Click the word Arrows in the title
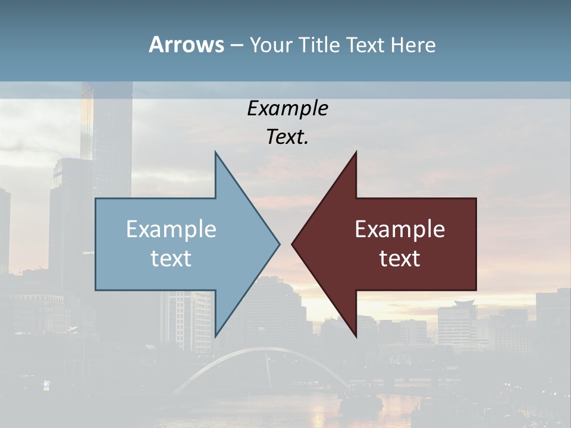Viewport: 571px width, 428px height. [186, 45]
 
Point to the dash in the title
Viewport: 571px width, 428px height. [236, 45]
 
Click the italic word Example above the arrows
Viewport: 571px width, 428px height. [287, 108]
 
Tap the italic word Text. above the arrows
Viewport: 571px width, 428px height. [287, 137]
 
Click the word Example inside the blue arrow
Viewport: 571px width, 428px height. [171, 229]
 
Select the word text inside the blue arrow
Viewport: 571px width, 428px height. [171, 258]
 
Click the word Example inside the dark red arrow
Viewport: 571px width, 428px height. [400, 229]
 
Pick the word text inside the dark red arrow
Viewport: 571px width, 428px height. [400, 258]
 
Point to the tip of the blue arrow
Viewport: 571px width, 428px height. [278, 244]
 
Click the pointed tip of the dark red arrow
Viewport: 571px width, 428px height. [293, 244]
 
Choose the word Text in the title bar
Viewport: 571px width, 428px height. [366, 45]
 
